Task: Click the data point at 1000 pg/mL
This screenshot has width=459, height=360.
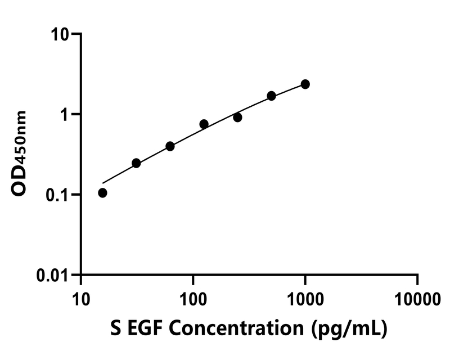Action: (x=305, y=84)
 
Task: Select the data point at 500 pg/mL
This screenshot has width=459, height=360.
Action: (x=271, y=96)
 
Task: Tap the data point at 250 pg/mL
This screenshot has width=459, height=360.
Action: (x=237, y=118)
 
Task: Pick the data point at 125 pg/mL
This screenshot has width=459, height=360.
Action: (x=204, y=124)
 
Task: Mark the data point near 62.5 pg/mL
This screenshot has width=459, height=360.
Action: (x=170, y=146)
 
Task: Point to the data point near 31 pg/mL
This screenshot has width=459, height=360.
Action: (x=136, y=163)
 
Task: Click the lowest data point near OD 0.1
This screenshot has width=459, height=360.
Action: (x=102, y=193)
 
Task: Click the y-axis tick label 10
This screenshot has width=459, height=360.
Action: (x=62, y=34)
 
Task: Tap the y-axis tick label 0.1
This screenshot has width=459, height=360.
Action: (x=58, y=195)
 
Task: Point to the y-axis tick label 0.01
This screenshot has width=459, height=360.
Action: (x=53, y=276)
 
